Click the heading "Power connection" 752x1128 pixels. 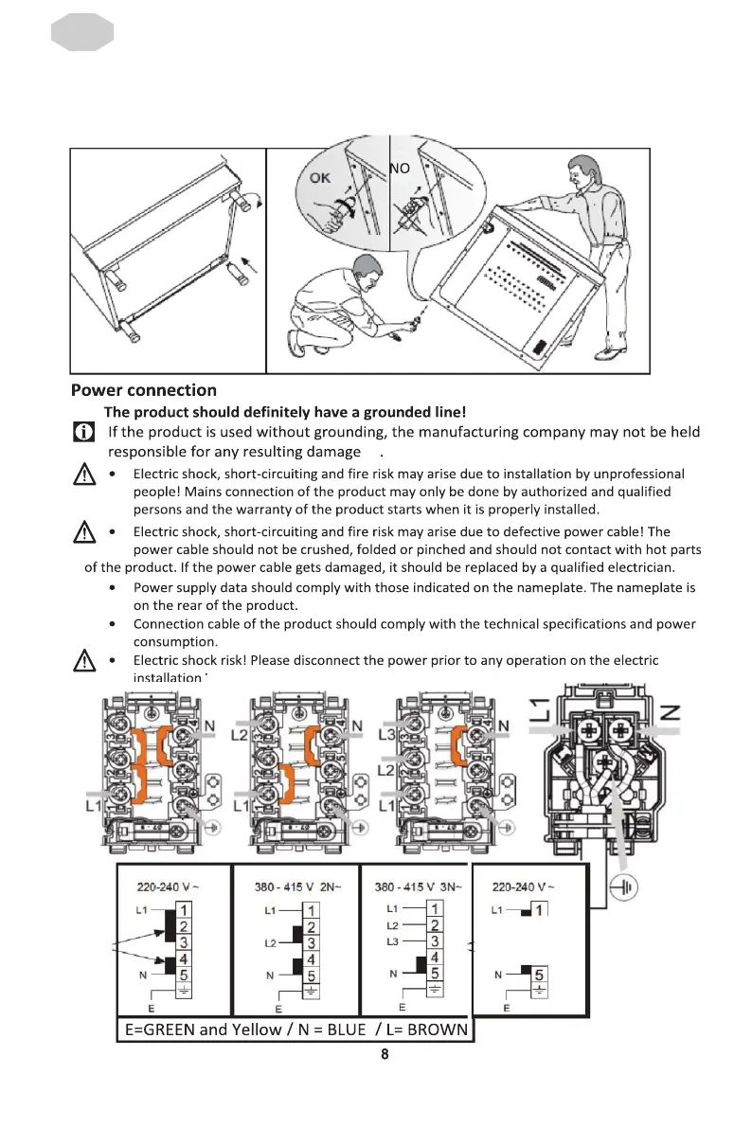tap(143, 390)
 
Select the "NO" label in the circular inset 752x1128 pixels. tap(400, 169)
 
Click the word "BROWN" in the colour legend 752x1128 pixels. tap(438, 1030)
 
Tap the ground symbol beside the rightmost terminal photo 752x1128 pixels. tap(625, 888)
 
